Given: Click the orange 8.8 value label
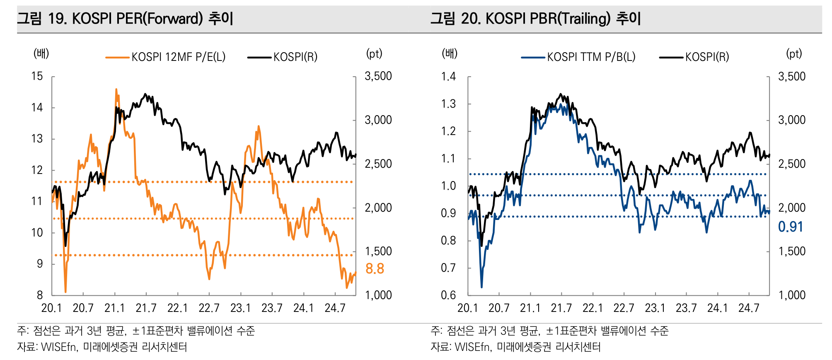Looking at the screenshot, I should point(375,269).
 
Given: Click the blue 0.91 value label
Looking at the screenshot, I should point(790,227).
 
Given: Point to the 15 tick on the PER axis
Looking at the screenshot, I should point(37,76).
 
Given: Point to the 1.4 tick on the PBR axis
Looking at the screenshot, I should point(448,76).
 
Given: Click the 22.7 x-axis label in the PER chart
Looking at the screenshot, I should point(209,308).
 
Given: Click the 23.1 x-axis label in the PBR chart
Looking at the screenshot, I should point(655,308).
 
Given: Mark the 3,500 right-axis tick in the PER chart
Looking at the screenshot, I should point(378,76).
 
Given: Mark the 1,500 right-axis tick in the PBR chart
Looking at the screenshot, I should point(792,251).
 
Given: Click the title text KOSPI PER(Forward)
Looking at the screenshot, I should point(138,19).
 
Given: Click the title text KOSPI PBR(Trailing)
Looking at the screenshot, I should point(548,19).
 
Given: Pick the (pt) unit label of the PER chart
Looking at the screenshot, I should point(374,53).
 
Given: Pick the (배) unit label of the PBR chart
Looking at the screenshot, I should point(450,53).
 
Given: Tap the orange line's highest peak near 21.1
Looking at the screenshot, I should point(116,89).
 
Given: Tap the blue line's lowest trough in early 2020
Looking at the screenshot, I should point(481,287).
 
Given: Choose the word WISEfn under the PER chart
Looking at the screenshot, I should point(58,347).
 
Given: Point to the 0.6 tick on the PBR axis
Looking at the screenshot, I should point(448,295).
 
